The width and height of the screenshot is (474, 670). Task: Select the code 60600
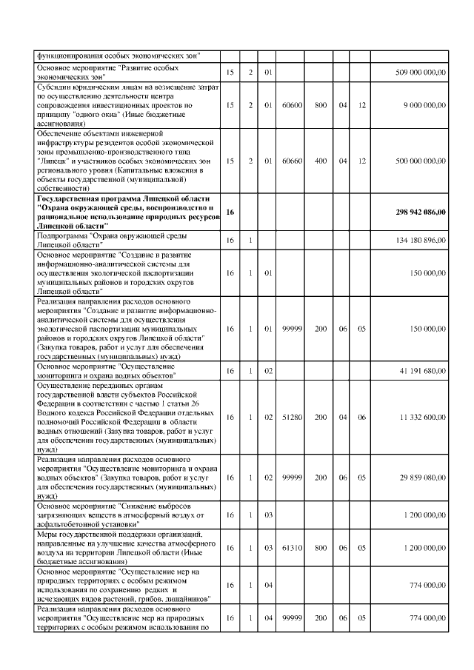[293, 105]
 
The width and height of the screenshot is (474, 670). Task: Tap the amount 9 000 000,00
[424, 105]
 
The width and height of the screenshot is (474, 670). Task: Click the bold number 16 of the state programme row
[230, 212]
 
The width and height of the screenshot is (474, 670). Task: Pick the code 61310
[293, 548]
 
